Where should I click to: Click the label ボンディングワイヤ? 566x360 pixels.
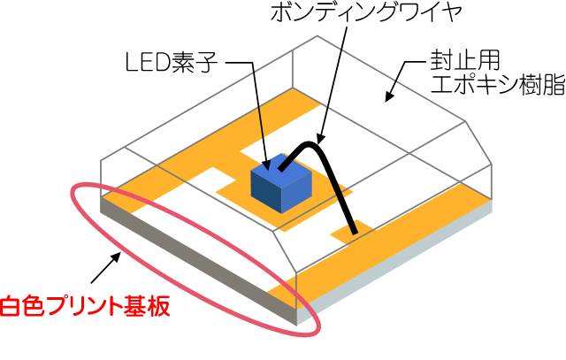pyautogui.click(x=366, y=12)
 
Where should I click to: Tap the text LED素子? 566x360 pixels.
pyautogui.click(x=171, y=63)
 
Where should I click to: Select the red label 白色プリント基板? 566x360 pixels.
pyautogui.click(x=85, y=306)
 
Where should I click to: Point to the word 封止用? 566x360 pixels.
pyautogui.click(x=464, y=60)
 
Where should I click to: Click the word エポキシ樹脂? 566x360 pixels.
pyautogui.click(x=498, y=85)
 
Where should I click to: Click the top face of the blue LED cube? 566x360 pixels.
pyautogui.click(x=281, y=168)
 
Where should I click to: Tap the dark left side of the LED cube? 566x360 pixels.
pyautogui.click(x=266, y=192)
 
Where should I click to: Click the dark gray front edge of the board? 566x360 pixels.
pyautogui.click(x=198, y=260)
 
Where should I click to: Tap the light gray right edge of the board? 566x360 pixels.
pyautogui.click(x=394, y=263)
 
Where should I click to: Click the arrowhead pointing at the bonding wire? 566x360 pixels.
pyautogui.click(x=320, y=138)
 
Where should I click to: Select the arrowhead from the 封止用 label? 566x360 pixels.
pyautogui.click(x=389, y=96)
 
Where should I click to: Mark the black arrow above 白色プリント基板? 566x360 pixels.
pyautogui.click(x=105, y=267)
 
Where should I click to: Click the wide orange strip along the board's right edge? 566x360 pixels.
pyautogui.click(x=390, y=246)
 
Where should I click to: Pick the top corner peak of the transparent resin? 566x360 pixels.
pyautogui.click(x=317, y=35)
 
